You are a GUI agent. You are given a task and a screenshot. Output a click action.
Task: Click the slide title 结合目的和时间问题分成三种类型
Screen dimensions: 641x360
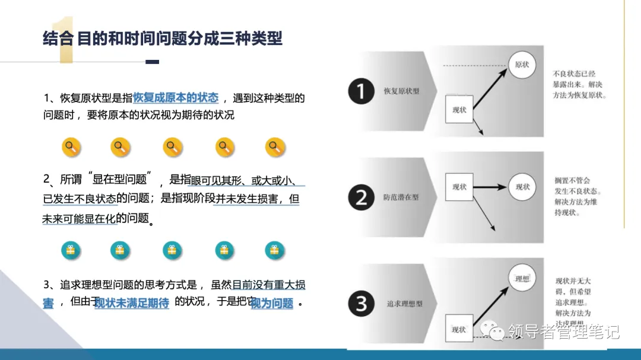(x=163, y=39)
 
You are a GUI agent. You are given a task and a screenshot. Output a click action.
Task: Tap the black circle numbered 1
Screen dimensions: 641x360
(x=361, y=91)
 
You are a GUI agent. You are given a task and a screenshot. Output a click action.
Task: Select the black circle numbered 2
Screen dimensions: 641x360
(x=361, y=197)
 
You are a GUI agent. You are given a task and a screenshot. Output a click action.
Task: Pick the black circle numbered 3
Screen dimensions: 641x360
(x=361, y=304)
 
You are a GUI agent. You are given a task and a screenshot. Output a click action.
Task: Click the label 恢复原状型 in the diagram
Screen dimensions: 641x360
(x=401, y=91)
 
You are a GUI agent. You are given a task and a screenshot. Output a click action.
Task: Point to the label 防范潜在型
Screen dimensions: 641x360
(x=401, y=197)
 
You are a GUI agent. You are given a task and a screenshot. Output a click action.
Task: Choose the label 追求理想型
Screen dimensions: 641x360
(x=404, y=304)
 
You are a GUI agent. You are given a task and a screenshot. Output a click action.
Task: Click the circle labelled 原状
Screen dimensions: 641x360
(x=522, y=65)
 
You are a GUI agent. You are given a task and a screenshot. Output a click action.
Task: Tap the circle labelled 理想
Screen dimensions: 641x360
(x=522, y=278)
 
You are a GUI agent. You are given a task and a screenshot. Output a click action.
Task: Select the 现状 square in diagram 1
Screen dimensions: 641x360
(x=459, y=110)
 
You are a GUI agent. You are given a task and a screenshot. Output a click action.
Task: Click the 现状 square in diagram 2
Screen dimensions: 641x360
(x=459, y=187)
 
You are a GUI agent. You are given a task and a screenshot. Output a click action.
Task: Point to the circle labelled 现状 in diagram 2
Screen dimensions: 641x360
(x=522, y=187)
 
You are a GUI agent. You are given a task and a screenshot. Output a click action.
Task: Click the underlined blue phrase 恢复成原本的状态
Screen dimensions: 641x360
(x=176, y=98)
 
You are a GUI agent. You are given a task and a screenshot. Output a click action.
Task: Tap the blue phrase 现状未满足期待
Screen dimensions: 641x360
(x=132, y=303)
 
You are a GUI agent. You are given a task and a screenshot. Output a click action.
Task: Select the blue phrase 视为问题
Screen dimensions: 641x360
(x=272, y=304)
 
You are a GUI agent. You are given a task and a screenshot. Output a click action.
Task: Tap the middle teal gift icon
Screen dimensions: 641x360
(x=172, y=250)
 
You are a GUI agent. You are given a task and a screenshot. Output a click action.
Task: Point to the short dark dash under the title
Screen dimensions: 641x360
(x=152, y=62)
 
